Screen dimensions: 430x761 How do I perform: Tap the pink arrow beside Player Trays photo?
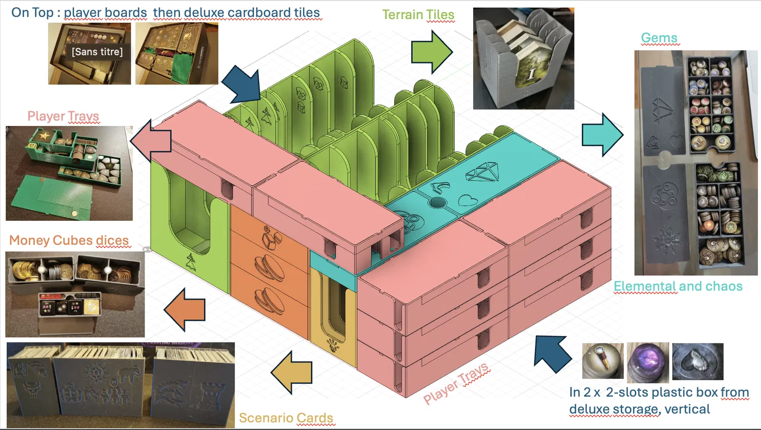[x=151, y=141]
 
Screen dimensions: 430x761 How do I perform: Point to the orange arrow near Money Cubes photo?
[x=185, y=309]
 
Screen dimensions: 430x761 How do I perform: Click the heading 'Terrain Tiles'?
[x=418, y=15]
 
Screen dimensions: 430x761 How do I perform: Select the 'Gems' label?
[x=659, y=38]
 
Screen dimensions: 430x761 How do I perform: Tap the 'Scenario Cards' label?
[x=286, y=418]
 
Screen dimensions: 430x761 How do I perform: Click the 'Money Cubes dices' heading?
[x=69, y=240]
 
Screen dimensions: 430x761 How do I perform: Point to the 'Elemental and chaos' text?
[x=678, y=286]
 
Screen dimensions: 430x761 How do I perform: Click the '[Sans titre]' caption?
[x=97, y=52]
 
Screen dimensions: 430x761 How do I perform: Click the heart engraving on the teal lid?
[x=468, y=200]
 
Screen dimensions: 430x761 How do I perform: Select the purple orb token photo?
[x=648, y=362]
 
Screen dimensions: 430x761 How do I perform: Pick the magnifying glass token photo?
[x=603, y=361]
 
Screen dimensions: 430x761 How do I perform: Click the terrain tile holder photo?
[x=524, y=59]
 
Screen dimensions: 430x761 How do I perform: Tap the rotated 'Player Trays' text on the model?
[x=456, y=383]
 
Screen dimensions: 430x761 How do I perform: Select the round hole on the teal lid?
[x=437, y=203]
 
